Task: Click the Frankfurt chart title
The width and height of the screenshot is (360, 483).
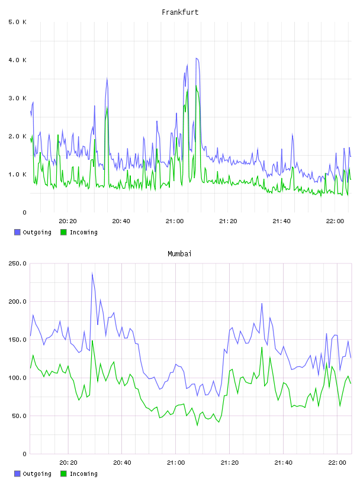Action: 180,12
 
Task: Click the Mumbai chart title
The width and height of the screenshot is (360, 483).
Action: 179,254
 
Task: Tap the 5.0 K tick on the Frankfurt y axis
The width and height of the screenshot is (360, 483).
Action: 17,22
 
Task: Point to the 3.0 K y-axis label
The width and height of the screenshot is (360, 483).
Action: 17,98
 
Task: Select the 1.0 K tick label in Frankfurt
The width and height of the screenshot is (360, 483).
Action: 17,175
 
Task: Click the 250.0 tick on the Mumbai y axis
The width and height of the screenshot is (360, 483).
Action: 17,263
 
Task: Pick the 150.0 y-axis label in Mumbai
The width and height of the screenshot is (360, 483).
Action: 17,340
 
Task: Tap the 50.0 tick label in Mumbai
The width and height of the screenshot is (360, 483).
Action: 19,416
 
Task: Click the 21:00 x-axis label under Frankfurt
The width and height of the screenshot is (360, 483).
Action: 175,221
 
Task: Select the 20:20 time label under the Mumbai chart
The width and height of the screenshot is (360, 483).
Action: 68,463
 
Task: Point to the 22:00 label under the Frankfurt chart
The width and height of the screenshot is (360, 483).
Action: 335,221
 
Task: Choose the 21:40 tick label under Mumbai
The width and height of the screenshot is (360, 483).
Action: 283,463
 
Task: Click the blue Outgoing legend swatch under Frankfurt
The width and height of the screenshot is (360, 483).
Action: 17,232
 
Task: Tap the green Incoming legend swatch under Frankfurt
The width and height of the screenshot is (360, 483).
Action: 63,232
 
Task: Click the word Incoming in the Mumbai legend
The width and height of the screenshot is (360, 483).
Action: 83,474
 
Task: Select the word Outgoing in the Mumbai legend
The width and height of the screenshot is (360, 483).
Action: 37,474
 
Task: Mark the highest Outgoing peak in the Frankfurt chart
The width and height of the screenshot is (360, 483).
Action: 197,58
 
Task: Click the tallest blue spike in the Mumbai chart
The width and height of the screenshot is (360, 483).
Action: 92,273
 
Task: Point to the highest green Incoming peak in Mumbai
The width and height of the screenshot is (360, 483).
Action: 92,341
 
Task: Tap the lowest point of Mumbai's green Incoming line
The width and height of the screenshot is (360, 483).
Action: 197,426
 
